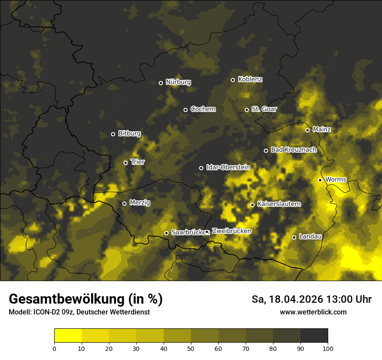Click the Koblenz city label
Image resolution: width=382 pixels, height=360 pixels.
[x=250, y=79]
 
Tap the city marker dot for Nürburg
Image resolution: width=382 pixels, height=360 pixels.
[x=161, y=83]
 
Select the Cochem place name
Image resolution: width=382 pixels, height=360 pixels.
[x=203, y=109]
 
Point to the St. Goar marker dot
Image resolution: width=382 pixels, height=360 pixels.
[x=247, y=110]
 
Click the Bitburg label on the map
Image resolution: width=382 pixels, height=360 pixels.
[x=129, y=134]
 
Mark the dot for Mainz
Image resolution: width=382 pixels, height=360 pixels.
[x=307, y=130]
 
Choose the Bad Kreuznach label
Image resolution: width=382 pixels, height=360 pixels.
[x=293, y=150]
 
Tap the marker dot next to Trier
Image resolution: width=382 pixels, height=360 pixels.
[x=125, y=163]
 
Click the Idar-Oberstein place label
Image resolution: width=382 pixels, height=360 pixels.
[x=228, y=167]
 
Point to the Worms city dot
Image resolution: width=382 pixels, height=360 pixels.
[x=320, y=180]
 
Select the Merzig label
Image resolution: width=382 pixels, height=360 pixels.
[x=140, y=203]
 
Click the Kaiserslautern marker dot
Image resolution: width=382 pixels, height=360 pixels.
[x=252, y=205]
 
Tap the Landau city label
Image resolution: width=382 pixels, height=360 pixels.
[x=310, y=236]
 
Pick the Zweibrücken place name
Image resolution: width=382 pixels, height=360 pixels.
[x=231, y=231]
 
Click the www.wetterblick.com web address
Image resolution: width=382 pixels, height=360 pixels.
[x=313, y=312]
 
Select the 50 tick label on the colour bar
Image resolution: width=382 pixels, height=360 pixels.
[x=191, y=348]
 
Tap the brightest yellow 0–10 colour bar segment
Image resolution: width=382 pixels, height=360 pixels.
[x=68, y=336]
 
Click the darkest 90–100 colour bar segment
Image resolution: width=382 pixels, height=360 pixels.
[x=314, y=336]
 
